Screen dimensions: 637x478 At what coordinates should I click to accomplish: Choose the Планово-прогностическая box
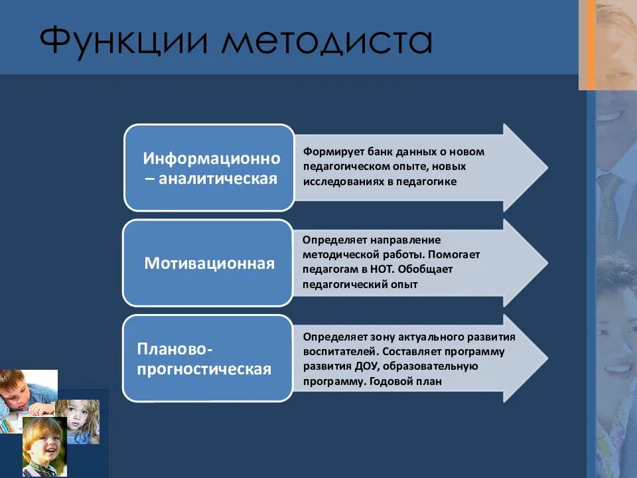tap(208, 358)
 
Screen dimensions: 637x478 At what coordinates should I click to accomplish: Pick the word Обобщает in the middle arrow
tap(434, 270)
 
